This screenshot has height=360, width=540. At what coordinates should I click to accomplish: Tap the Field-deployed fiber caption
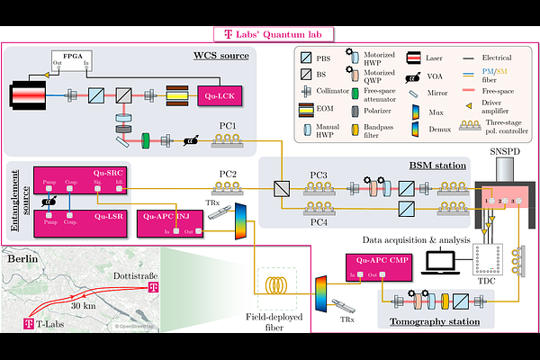coord(279,322)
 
